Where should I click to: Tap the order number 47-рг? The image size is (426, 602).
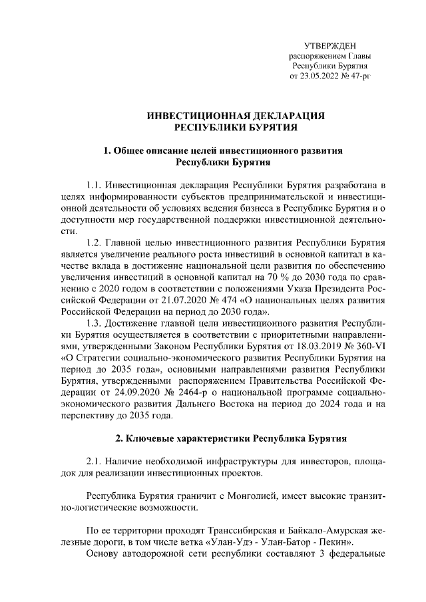click(x=359, y=77)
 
